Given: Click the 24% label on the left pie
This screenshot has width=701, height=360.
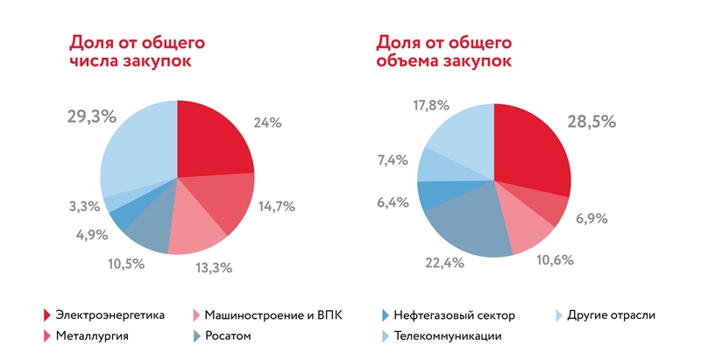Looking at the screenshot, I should click(267, 123).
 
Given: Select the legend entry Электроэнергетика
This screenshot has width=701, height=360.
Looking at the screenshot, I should click(110, 315).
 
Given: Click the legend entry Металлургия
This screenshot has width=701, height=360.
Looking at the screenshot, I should click(92, 336).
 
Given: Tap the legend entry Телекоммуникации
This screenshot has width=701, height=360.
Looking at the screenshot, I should click(447, 336).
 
